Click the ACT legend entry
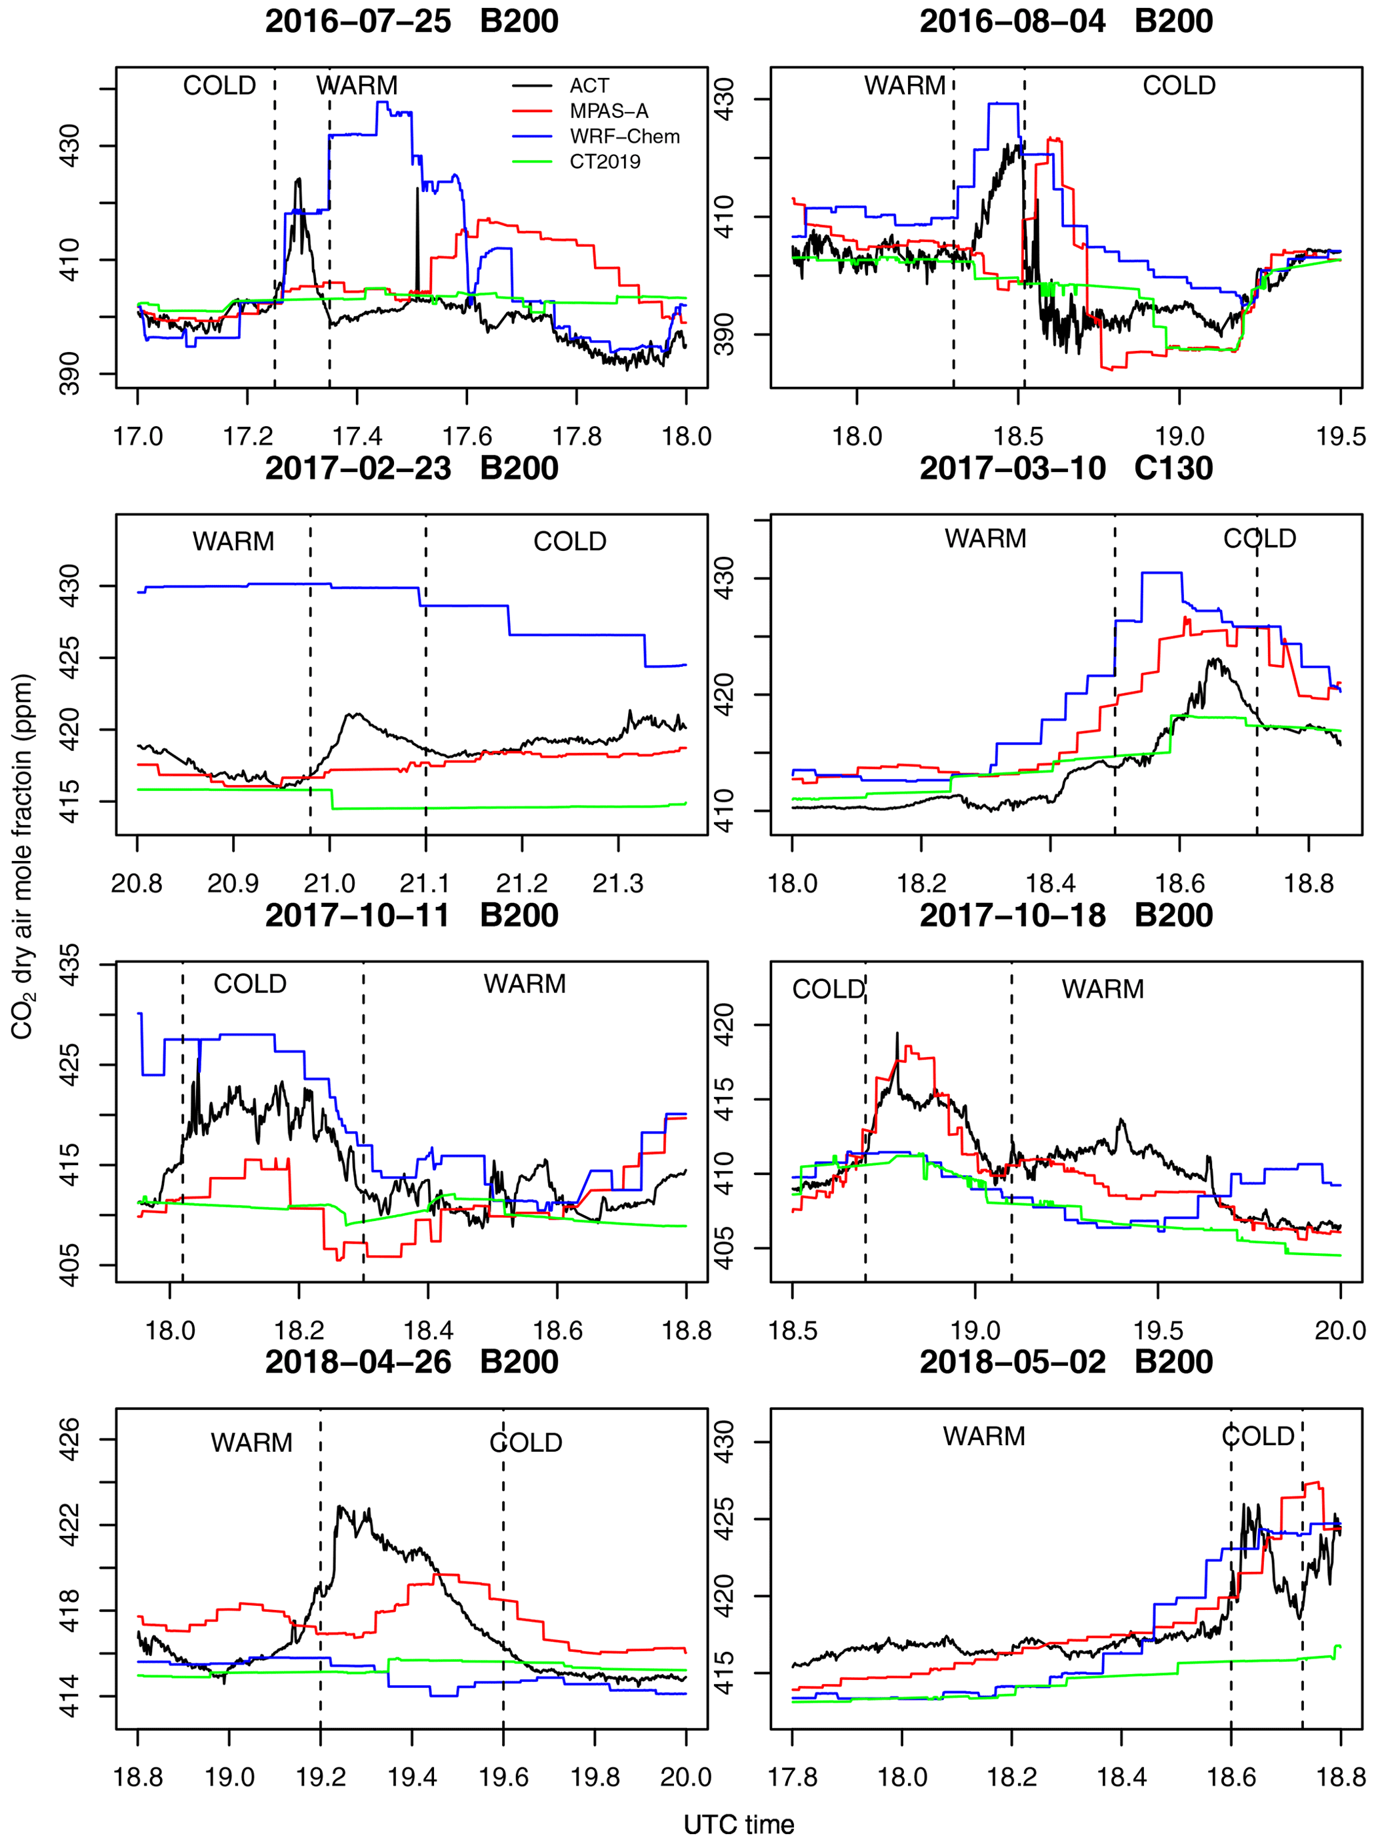[589, 86]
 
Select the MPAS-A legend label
[608, 111]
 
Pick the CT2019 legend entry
[605, 161]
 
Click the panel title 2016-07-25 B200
[411, 21]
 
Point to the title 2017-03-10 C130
[1066, 468]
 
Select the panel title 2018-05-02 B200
[1066, 1362]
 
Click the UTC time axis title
[739, 1825]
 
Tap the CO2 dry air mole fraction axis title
[23, 858]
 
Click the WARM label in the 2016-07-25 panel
[357, 86]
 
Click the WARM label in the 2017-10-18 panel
[1103, 989]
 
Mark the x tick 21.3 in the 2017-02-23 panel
[618, 883]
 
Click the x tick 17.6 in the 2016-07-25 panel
[467, 436]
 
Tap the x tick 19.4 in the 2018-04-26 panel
[412, 1778]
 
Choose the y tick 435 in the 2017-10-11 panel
[70, 964]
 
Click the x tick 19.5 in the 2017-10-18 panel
[1157, 1330]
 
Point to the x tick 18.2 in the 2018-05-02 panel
[1011, 1778]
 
